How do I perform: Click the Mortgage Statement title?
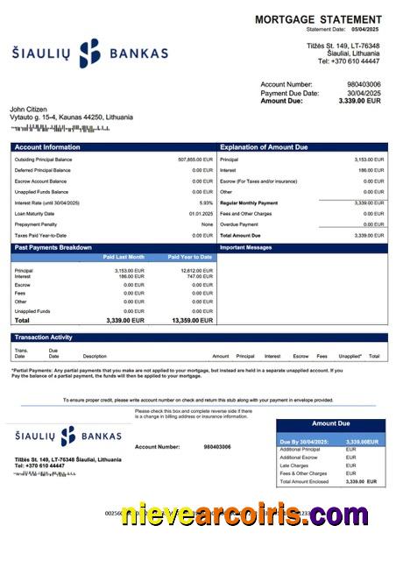(x=318, y=19)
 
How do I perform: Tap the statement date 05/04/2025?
(x=367, y=30)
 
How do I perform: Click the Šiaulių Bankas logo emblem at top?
(x=90, y=53)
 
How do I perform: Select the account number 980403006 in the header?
(x=364, y=84)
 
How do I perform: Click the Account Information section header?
(x=47, y=147)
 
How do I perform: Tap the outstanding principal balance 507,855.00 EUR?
(x=195, y=160)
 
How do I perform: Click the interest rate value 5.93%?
(x=206, y=202)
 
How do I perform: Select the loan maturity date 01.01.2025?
(x=201, y=213)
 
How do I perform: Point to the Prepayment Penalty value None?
(x=207, y=224)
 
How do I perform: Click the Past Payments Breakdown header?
(x=53, y=248)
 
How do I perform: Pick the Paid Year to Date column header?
(x=190, y=257)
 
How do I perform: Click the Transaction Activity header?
(x=43, y=337)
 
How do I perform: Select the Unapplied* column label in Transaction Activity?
(x=350, y=357)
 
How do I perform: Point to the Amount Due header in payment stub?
(x=330, y=423)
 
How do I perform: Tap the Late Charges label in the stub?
(x=293, y=465)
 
